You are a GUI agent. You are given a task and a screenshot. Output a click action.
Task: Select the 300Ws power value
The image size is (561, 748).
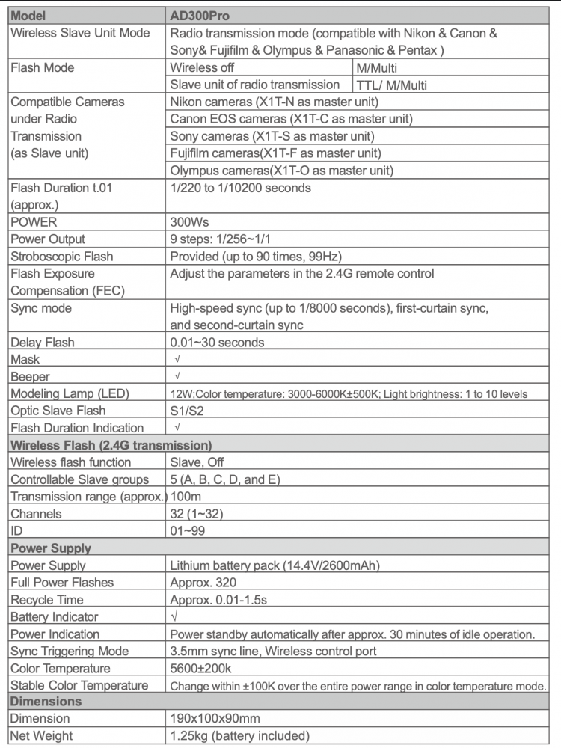189,222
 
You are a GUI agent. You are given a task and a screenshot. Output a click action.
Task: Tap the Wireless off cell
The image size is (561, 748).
203,68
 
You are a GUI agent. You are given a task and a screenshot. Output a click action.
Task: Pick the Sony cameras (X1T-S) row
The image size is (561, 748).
272,136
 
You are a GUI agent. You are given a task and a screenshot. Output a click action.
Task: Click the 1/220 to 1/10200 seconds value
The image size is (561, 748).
240,188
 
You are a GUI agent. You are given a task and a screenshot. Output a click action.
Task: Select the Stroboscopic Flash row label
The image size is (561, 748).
62,257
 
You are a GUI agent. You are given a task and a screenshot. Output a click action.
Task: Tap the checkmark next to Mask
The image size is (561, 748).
177,360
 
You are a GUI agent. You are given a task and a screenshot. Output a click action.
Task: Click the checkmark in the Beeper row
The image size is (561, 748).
177,377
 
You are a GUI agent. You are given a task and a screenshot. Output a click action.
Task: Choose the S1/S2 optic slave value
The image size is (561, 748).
186,411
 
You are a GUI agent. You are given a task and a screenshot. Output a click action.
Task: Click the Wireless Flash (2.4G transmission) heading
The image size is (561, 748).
111,445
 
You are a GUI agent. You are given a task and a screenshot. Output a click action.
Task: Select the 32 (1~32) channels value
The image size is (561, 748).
197,514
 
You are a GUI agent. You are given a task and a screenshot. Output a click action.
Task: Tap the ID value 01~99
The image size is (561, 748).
187,531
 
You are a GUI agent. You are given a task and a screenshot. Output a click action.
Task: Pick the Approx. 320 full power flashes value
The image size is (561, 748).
203,583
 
